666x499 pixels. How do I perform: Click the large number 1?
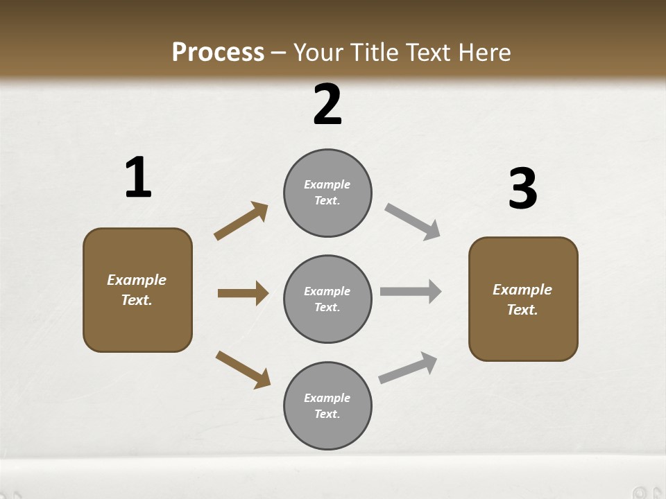[138, 177]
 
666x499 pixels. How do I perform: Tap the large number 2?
[327, 105]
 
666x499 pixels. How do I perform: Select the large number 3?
[522, 189]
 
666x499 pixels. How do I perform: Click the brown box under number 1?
[137, 290]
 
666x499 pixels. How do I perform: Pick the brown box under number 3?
[523, 299]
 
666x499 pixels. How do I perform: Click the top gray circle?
[327, 193]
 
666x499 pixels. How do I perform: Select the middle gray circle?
[327, 299]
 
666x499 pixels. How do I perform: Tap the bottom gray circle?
[327, 406]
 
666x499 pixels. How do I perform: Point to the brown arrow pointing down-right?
[243, 369]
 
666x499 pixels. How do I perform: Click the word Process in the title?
[218, 52]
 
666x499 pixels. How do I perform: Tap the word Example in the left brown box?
[137, 280]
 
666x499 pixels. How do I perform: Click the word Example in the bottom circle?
[327, 398]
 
